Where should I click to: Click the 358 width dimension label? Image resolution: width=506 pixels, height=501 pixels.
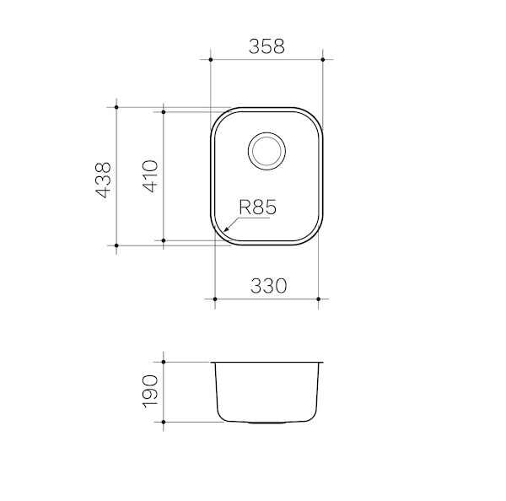266,46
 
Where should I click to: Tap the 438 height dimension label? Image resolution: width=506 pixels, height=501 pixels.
103,180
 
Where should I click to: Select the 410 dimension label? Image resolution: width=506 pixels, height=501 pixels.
150,176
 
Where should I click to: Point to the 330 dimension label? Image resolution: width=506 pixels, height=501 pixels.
268,286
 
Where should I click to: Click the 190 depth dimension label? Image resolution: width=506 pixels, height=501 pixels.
150,391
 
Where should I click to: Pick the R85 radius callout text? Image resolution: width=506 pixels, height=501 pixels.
257,207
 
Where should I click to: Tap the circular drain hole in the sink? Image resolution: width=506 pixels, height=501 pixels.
266,151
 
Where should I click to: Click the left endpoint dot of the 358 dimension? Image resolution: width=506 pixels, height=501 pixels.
211,60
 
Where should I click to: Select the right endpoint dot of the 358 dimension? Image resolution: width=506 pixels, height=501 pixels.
323,60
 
